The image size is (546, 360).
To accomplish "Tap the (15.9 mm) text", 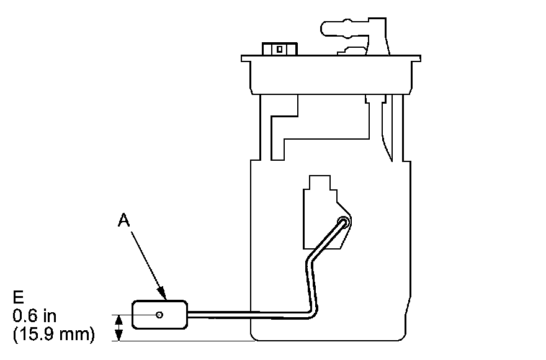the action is coord(53,335).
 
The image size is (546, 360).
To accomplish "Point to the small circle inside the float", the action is coord(160,315).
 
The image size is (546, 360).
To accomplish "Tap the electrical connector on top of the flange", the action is coord(279,48).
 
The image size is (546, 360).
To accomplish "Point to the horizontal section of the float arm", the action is coord(248,314).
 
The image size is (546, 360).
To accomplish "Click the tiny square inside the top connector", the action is coord(280,48).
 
